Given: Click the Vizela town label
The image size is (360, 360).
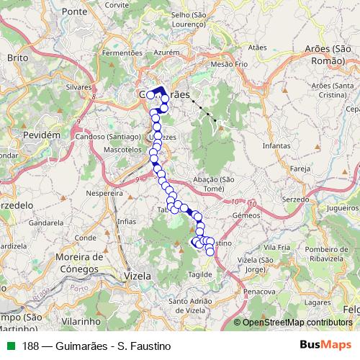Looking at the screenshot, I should coord(138,275).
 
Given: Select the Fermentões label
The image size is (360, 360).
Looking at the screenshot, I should coord(122,53).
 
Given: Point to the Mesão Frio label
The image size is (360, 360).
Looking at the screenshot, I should coord(230,64).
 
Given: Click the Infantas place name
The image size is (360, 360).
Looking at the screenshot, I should coord(276,145).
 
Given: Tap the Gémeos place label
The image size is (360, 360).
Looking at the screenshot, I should coord(246,215).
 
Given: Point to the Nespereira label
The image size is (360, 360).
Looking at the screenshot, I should coord(104,194).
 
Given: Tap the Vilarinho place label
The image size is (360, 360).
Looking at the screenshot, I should coord(80,320).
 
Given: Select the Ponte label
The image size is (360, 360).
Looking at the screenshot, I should coord(74,12).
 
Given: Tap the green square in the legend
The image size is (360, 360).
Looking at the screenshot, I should coord(9,346).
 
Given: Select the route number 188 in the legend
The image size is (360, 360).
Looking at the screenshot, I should coord(31,346).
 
